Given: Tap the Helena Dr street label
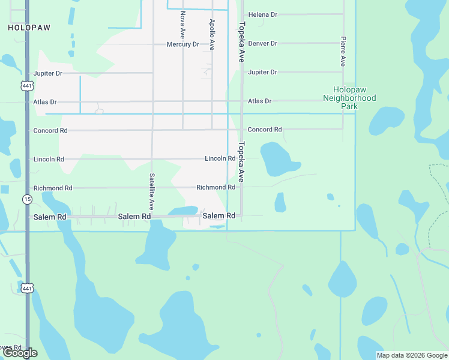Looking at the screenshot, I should tap(263, 14).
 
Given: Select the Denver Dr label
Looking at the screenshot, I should tap(263, 43).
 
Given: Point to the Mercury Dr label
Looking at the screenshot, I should tap(182, 44).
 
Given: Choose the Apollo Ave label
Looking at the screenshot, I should tap(212, 34).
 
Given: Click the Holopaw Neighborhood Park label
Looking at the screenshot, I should tap(349, 98).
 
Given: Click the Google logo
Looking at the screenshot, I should tap(20, 353).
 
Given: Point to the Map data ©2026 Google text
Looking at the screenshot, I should tap(412, 355).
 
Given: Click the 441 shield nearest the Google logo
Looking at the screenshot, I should tap(27, 289).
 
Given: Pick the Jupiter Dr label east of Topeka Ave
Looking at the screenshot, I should tap(262, 72).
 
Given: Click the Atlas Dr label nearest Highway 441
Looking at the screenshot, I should tap(45, 102).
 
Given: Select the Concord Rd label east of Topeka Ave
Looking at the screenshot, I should tap(265, 130).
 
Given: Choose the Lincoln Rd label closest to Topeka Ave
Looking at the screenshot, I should tap(220, 158).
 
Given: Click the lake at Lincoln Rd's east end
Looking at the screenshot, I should tap(277, 160).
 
